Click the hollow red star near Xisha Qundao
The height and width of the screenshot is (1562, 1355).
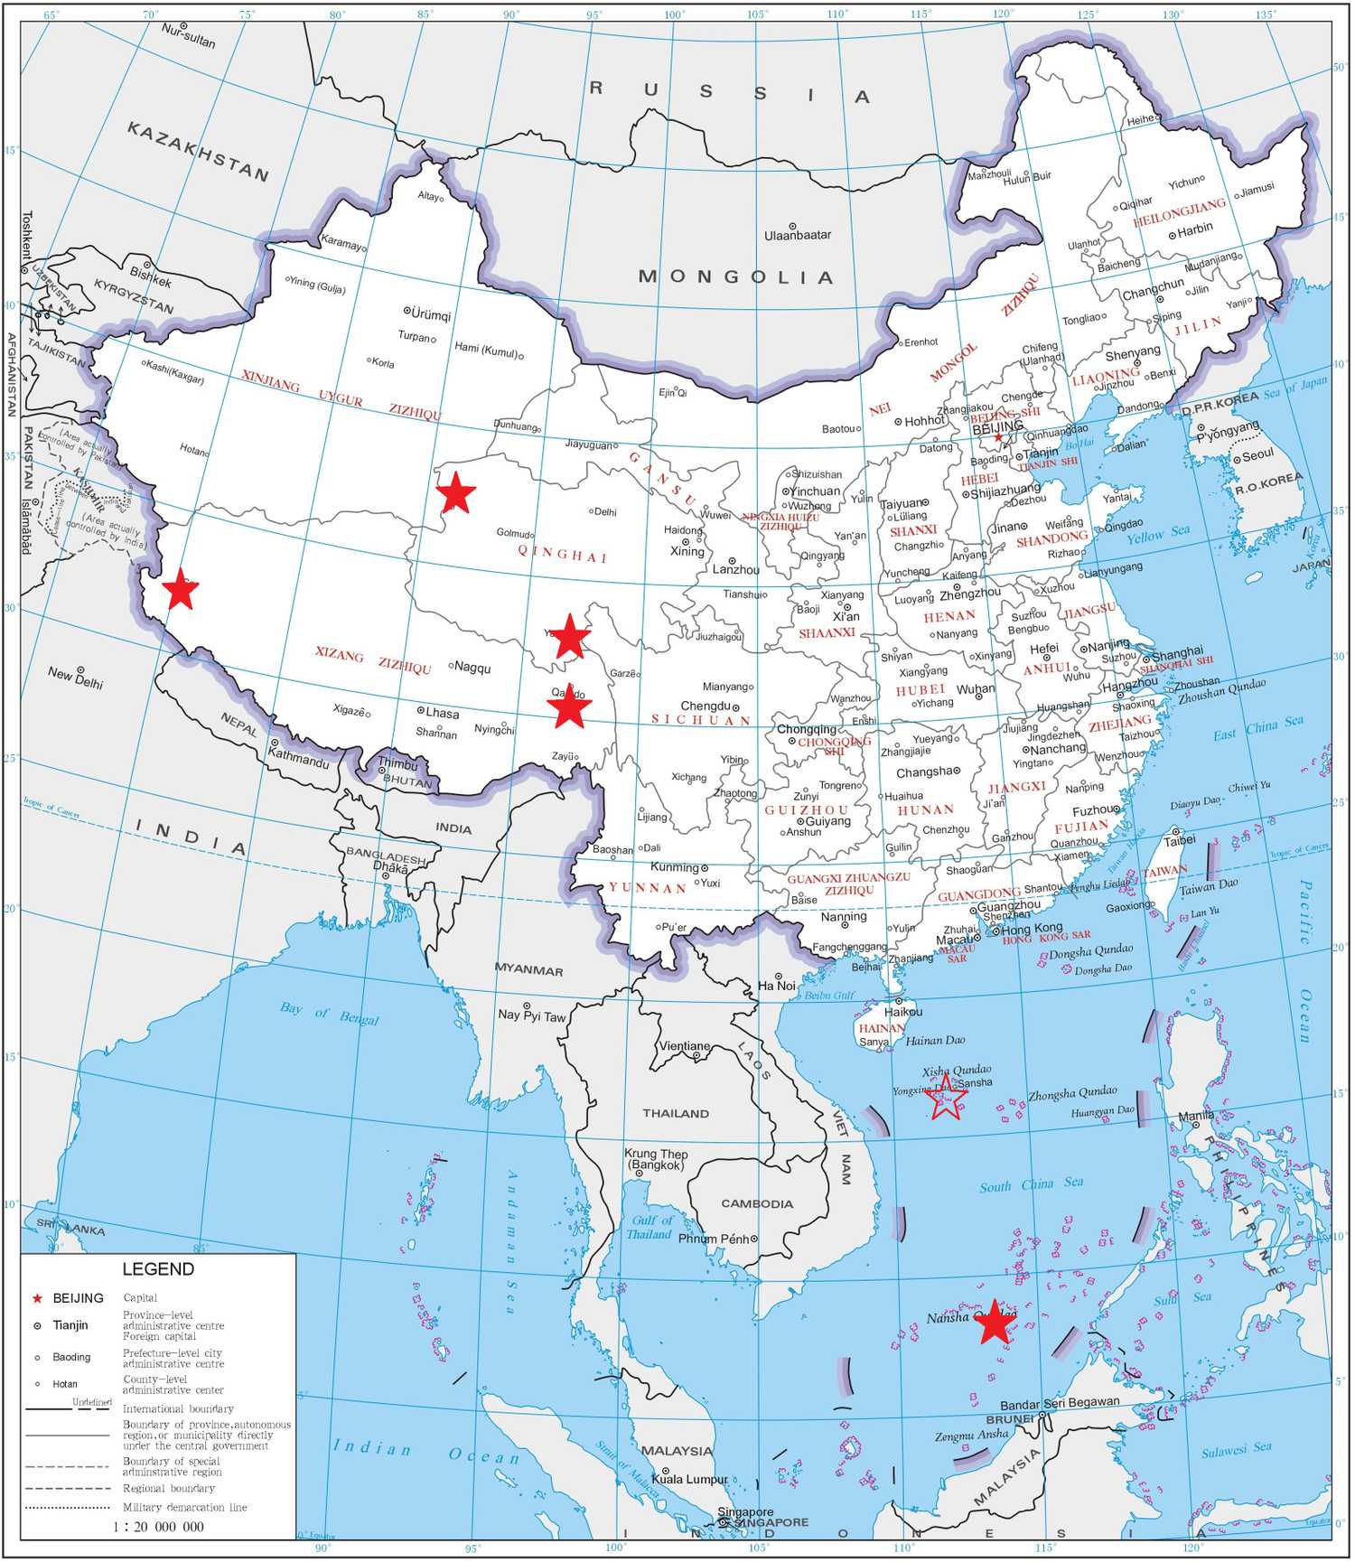[x=948, y=1097]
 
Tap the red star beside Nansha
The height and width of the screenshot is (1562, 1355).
[x=995, y=1322]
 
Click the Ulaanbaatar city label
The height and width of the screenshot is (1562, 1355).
[x=798, y=235]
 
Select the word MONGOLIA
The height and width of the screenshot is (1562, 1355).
[x=736, y=276]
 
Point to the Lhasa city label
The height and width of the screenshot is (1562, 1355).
[x=443, y=713]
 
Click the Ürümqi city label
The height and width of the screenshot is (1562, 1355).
[x=431, y=315]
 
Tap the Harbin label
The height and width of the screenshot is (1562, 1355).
[x=1195, y=229]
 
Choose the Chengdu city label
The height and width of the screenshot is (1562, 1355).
[x=706, y=706]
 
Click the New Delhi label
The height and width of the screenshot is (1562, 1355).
[x=75, y=677]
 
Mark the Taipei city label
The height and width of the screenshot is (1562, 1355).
[x=1179, y=840]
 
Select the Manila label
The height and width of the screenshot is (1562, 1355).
[x=1195, y=1117]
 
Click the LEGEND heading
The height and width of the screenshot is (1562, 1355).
[x=158, y=1269]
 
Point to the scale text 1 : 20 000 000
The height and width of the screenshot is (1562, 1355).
[x=159, y=1527]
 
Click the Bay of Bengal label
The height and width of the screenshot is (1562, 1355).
[x=329, y=1013]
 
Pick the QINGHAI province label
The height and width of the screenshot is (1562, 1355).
[x=563, y=554]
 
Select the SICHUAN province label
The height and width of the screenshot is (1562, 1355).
[x=701, y=720]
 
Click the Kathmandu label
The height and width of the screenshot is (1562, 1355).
[x=299, y=761]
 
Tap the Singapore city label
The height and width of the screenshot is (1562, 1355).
[x=745, y=1512]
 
